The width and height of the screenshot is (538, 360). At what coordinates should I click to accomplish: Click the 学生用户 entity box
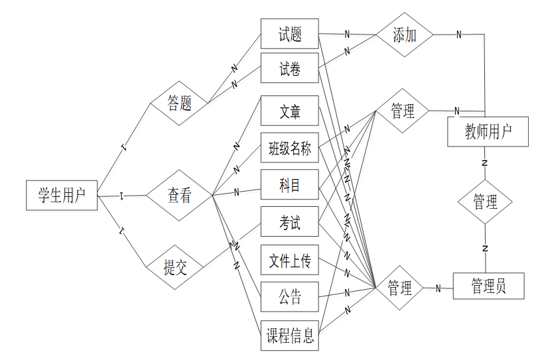click(62, 196)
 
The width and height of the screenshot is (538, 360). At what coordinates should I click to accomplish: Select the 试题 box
click(290, 34)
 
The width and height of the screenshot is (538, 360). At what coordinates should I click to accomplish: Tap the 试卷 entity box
click(290, 68)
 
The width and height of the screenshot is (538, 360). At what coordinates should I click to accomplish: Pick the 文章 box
click(290, 111)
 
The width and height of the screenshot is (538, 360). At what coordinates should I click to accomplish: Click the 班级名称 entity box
click(290, 149)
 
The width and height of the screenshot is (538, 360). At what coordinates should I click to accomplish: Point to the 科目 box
click(290, 186)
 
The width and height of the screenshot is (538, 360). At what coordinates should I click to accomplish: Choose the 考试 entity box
click(290, 223)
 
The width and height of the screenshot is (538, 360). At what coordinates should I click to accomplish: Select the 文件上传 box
click(290, 261)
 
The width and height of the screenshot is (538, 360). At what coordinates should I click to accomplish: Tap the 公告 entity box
click(290, 298)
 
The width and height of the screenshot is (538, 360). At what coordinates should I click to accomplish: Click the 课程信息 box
click(290, 335)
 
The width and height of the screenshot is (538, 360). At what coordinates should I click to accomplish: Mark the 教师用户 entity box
click(488, 132)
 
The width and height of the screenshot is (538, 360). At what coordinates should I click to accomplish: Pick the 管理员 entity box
click(488, 286)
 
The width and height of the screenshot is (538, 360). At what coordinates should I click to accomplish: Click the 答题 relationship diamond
click(179, 103)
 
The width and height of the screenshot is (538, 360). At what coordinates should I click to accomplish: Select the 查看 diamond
click(178, 196)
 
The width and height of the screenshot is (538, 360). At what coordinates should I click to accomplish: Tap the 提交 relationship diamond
click(175, 267)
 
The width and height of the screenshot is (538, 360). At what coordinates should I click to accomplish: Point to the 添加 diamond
click(404, 34)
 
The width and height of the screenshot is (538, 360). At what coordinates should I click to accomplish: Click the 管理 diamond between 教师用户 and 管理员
click(486, 202)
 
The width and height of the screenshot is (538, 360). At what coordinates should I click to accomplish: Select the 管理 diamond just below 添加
click(403, 111)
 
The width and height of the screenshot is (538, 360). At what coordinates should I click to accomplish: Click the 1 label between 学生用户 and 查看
click(123, 196)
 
